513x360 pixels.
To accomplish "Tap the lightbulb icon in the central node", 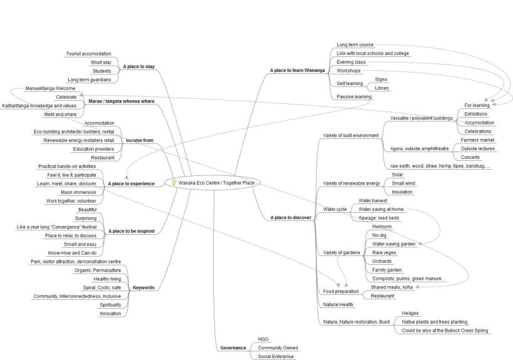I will tap(174, 183).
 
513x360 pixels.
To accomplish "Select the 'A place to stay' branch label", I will tap(139, 66).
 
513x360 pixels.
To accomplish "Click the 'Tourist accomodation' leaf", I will tap(88, 54).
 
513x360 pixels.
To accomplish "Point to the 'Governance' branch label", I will tap(232, 347).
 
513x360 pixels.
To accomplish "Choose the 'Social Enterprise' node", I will tap(275, 356).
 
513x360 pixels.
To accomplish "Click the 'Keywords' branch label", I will tap(143, 287).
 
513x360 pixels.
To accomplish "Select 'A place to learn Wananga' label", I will tap(298, 71).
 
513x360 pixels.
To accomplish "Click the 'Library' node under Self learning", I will tap(382, 88).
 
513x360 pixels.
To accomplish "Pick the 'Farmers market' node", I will tap(477, 140).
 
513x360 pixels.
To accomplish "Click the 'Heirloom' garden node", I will tap(382, 226).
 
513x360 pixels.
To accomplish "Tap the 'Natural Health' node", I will tap(338, 304).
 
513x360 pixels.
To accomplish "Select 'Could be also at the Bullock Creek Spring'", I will tap(445, 330).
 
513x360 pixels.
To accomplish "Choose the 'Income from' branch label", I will tap(140, 140).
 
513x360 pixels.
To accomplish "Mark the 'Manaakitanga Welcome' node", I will tap(49, 88).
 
